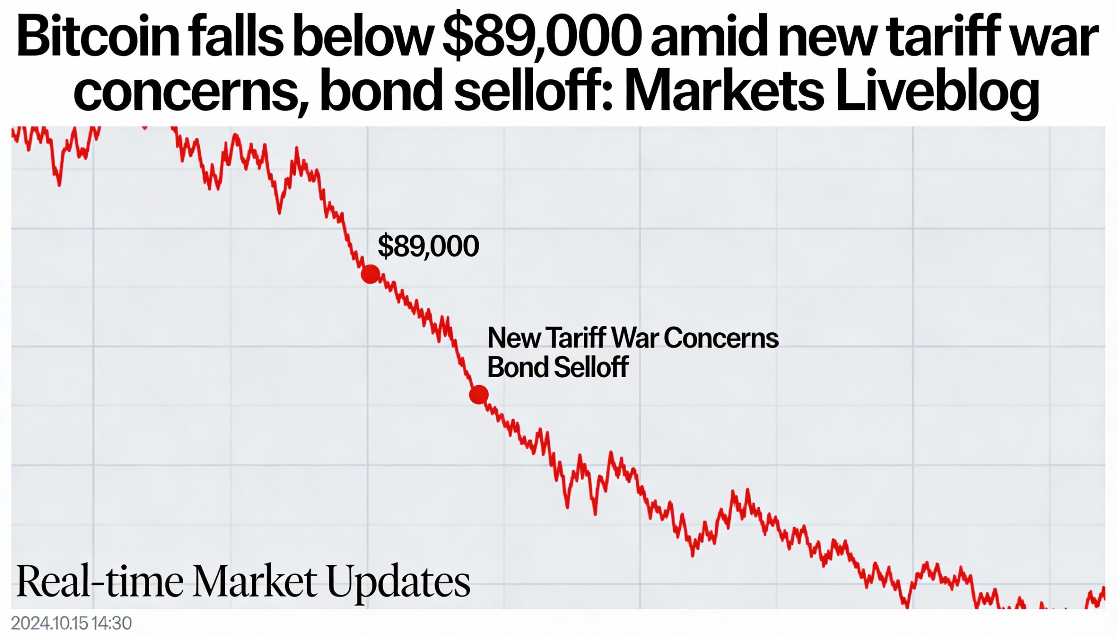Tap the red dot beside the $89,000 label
370,274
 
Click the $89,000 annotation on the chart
428,246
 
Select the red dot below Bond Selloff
479,395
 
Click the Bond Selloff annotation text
558,367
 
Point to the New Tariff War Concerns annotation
633,338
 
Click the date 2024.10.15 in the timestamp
51,623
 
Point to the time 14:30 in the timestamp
112,623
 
